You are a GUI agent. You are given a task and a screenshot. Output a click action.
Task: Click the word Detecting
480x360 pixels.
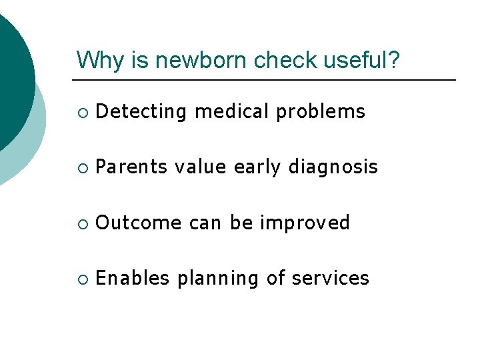click(141, 112)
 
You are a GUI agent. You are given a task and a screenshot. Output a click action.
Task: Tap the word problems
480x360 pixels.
click(321, 112)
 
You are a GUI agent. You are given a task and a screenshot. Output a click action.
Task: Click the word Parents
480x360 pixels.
click(132, 167)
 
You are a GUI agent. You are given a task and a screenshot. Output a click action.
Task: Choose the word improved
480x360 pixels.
click(305, 223)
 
